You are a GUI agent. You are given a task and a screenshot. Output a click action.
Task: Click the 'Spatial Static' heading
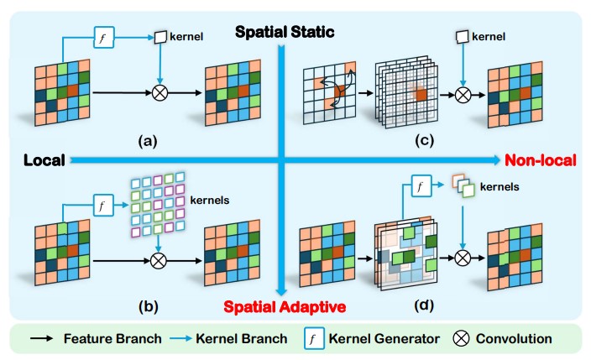[x=285, y=33]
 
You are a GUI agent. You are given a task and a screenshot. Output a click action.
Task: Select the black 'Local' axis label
[x=44, y=159]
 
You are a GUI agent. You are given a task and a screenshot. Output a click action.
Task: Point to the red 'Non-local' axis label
[x=534, y=159]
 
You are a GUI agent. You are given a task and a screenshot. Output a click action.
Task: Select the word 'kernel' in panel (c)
[x=489, y=37]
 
